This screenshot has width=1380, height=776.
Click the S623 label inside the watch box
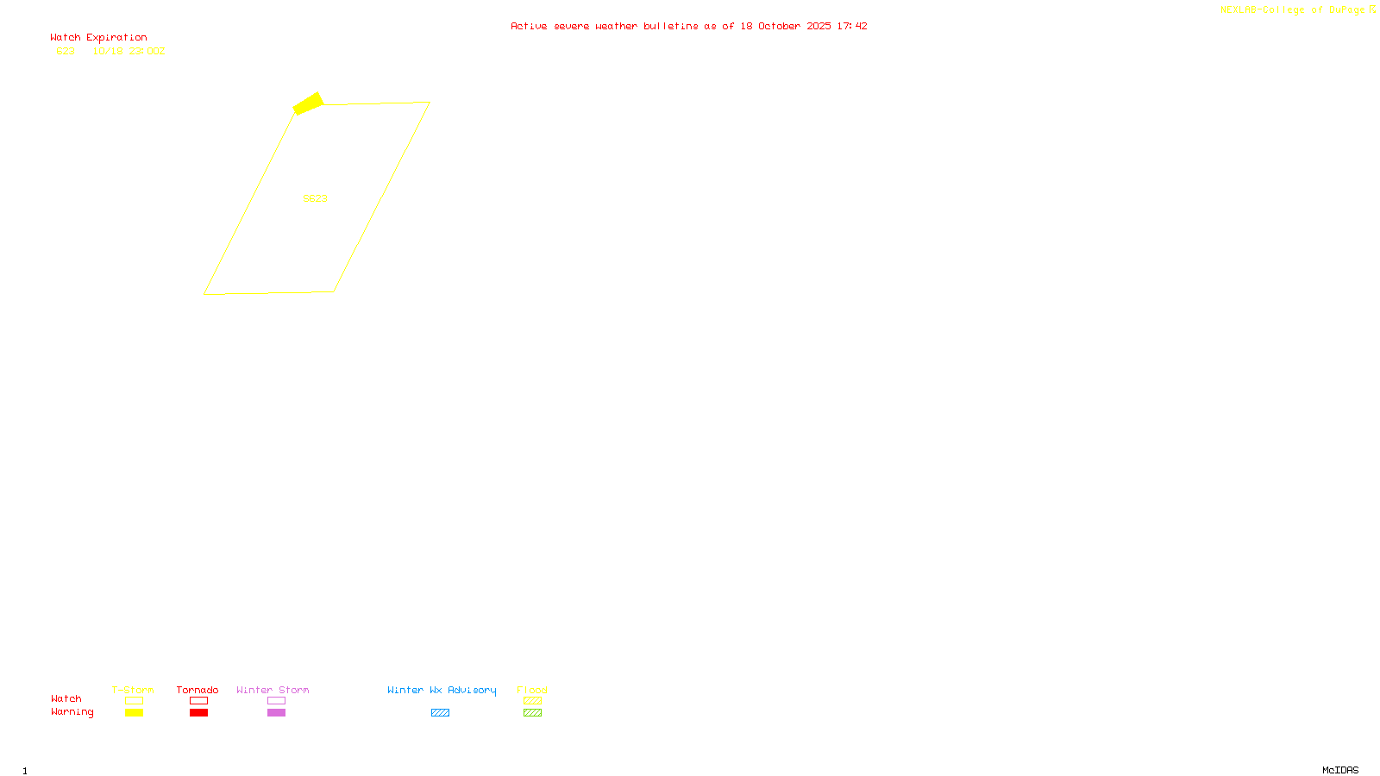[315, 198]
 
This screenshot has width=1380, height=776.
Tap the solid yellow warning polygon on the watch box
[308, 103]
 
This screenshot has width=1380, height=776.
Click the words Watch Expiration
[98, 38]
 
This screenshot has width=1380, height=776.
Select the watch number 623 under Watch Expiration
[66, 51]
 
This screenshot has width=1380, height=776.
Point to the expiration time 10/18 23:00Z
[129, 51]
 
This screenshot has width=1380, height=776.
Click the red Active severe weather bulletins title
[688, 26]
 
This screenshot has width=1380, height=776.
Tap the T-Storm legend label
[133, 690]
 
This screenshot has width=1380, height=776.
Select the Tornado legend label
[198, 690]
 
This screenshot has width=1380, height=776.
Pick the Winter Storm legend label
[273, 690]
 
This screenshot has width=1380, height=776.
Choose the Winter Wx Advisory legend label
[442, 690]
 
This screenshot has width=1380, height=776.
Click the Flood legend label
[532, 690]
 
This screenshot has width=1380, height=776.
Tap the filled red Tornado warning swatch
[198, 713]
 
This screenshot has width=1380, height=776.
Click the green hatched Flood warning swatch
[532, 713]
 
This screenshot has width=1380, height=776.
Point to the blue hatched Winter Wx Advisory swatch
[440, 713]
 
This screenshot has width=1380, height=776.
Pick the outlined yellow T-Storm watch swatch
[134, 701]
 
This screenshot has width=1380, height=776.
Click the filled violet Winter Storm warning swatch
[276, 713]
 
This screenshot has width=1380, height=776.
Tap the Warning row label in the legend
[72, 712]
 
